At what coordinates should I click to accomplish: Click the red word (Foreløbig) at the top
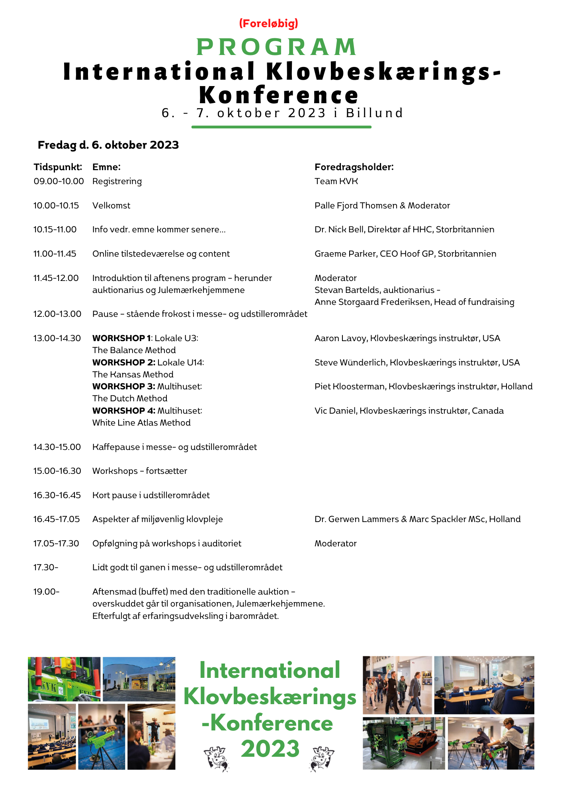point(269,24)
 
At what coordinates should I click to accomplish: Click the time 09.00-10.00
point(59,181)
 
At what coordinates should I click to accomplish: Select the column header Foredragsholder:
point(354,167)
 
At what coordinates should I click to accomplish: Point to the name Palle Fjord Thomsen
point(356,206)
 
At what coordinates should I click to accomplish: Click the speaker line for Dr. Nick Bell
point(404,230)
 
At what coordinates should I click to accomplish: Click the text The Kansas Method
point(133,375)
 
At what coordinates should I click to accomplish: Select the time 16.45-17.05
point(57,519)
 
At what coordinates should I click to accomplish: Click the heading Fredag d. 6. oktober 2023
point(108,145)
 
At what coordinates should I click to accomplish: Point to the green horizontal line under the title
point(281,127)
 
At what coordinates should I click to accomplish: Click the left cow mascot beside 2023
point(216,758)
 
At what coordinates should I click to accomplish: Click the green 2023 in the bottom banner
point(270,749)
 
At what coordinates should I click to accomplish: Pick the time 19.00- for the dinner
point(46,592)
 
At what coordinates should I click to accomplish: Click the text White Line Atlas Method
point(141,423)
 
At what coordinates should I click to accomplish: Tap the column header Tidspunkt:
point(58,167)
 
